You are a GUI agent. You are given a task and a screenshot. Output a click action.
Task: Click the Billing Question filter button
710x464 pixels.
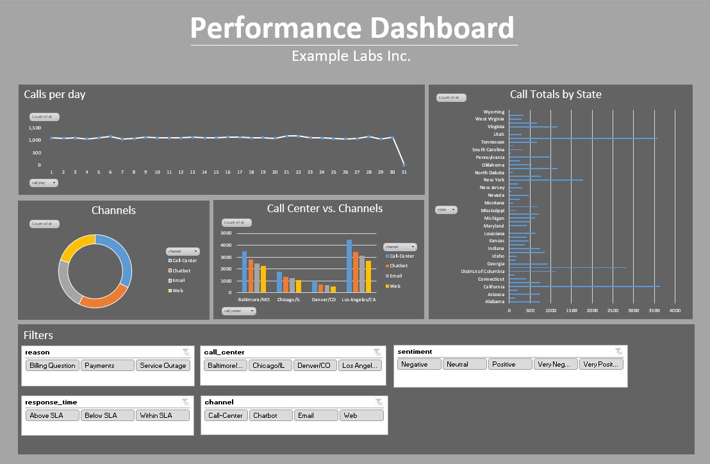pos(53,365)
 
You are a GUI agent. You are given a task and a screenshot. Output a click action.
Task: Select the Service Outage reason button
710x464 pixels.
pos(163,365)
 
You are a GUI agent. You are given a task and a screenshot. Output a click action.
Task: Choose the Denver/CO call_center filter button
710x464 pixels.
pos(314,365)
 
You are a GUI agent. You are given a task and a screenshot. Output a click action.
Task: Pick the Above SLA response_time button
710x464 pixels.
pos(53,415)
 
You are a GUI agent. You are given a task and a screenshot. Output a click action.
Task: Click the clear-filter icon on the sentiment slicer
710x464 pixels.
pos(618,351)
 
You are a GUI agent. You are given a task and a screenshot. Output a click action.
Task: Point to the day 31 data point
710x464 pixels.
pos(404,165)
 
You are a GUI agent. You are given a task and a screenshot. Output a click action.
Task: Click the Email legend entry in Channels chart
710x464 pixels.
pos(178,281)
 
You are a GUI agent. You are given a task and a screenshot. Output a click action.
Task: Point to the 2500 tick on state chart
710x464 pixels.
pos(613,310)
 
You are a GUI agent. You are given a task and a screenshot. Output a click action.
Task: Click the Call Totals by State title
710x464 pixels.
pos(556,94)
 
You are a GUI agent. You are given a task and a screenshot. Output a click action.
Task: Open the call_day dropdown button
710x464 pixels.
pos(44,183)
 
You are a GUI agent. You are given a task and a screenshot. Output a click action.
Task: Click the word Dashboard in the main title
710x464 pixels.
pos(442,28)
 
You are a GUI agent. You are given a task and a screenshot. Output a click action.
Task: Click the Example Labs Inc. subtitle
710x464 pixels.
pos(351,56)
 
